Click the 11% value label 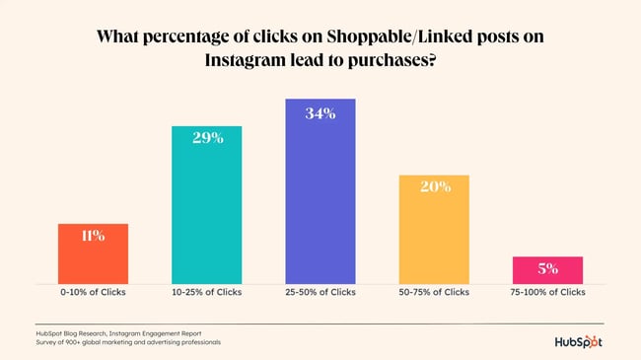(x=93, y=236)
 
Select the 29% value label (x=207, y=138)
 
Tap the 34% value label (x=320, y=113)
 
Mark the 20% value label (x=435, y=186)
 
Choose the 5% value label (x=548, y=267)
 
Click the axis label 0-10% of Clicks (x=93, y=292)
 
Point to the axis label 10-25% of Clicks (x=207, y=292)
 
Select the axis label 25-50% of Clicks (x=320, y=292)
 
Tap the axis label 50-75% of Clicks (x=434, y=292)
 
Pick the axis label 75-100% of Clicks (x=547, y=292)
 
